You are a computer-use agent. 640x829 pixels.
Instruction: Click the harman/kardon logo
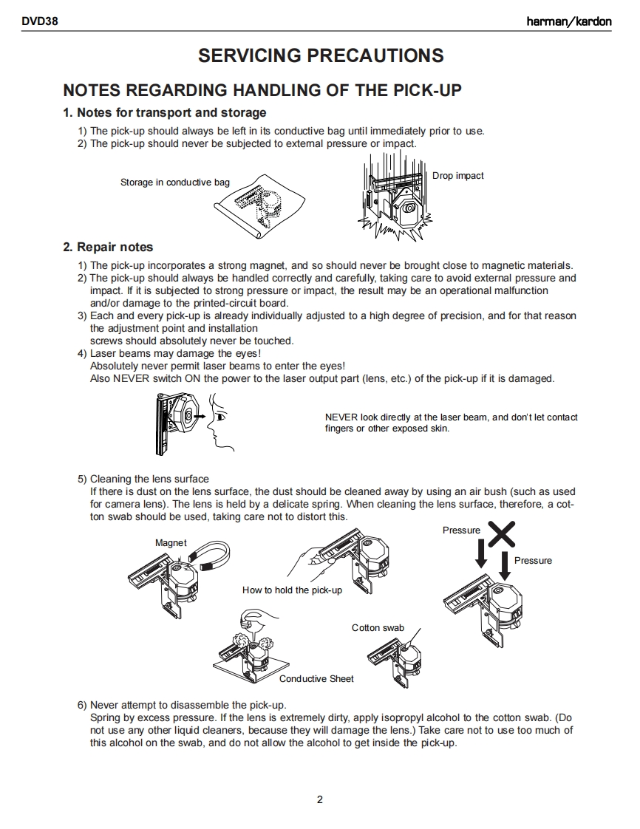(x=568, y=21)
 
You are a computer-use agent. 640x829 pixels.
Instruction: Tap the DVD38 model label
(x=41, y=21)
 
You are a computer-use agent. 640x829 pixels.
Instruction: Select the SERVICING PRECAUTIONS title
(x=321, y=55)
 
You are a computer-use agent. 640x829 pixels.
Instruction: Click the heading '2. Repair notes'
(x=108, y=247)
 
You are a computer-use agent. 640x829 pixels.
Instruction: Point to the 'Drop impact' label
(x=458, y=176)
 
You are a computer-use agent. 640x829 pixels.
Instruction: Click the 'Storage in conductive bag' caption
(x=175, y=182)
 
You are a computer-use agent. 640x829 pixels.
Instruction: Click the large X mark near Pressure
(x=501, y=533)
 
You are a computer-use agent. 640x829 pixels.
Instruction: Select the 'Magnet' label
(x=171, y=543)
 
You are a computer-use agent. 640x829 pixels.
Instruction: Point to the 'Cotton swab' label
(x=378, y=628)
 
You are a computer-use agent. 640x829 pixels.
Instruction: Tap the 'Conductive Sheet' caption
(x=316, y=679)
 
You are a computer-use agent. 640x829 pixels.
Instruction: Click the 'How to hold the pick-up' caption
(x=292, y=590)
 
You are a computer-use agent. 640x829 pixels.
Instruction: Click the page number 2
(x=320, y=799)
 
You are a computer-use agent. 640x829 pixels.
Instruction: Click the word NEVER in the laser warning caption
(x=341, y=417)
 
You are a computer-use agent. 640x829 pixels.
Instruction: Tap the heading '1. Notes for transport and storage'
(x=165, y=113)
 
